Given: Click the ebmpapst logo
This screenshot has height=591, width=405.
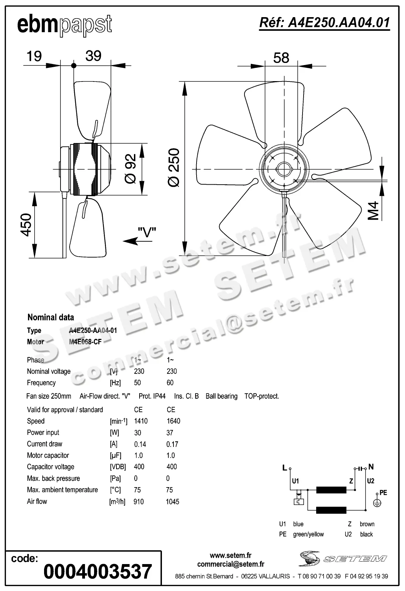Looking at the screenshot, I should point(64,25).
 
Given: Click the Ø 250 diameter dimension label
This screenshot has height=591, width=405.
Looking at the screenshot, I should point(174,168).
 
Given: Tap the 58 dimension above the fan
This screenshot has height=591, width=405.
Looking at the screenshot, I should point(281,58).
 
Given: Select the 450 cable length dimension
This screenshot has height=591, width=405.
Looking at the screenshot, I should point(26,225).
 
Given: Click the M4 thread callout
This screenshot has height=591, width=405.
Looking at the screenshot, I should point(374,211).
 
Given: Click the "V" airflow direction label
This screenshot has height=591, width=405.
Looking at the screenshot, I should point(147,231).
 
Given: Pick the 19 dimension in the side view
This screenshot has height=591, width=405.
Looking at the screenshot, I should point(34,56).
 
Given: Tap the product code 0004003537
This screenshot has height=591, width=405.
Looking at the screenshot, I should point(98,571).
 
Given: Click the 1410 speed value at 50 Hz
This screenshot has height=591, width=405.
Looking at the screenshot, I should point(141,421).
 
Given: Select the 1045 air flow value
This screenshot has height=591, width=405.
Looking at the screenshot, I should point(172,501).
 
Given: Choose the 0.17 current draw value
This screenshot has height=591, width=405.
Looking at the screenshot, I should point(172,444).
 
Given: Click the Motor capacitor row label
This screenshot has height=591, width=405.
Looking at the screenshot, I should point(48,455).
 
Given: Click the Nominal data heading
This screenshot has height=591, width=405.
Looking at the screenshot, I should point(51,317).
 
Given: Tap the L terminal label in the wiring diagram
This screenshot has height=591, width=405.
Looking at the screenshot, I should point(285,468).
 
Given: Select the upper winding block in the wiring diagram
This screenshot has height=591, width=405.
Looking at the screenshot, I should point(331,490).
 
